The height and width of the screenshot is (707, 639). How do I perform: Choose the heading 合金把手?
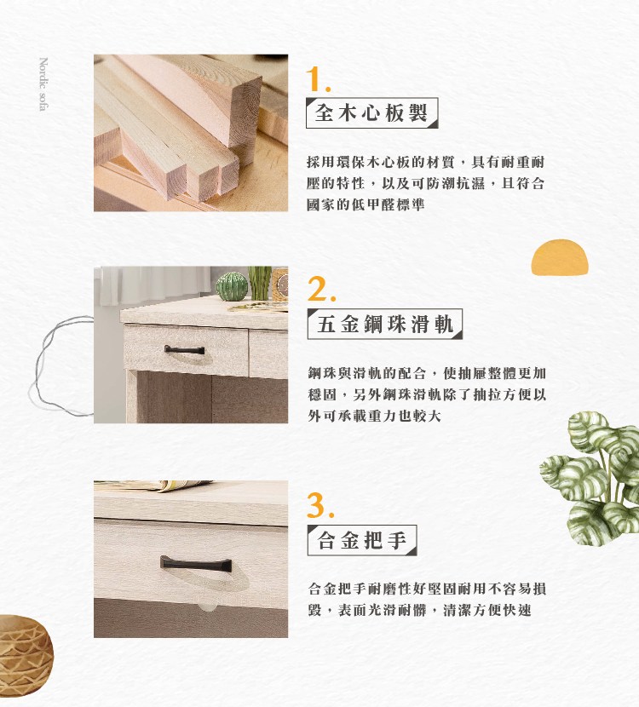(361, 540)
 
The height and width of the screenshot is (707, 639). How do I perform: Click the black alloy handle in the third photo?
(195, 562)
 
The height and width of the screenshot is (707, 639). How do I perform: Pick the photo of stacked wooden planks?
(190, 133)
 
